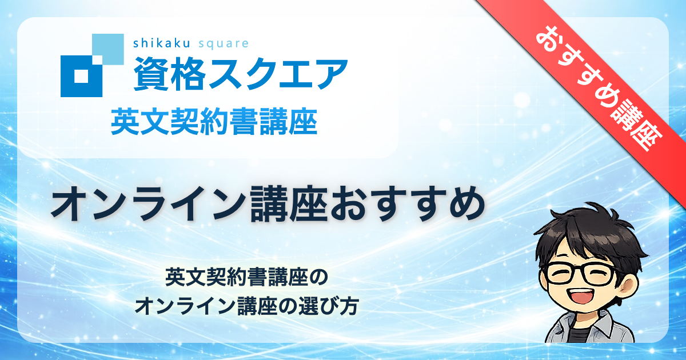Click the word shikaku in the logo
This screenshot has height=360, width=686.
pyautogui.click(x=162, y=43)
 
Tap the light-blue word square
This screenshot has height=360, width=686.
pyautogui.click(x=224, y=45)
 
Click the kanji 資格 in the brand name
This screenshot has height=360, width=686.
pyautogui.click(x=169, y=74)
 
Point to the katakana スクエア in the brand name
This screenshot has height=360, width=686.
pyautogui.click(x=278, y=74)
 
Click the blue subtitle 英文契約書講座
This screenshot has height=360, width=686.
pyautogui.click(x=214, y=123)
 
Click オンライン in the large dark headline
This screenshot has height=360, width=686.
pyautogui.click(x=149, y=203)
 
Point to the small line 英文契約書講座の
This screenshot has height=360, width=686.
pyautogui.click(x=247, y=277)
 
